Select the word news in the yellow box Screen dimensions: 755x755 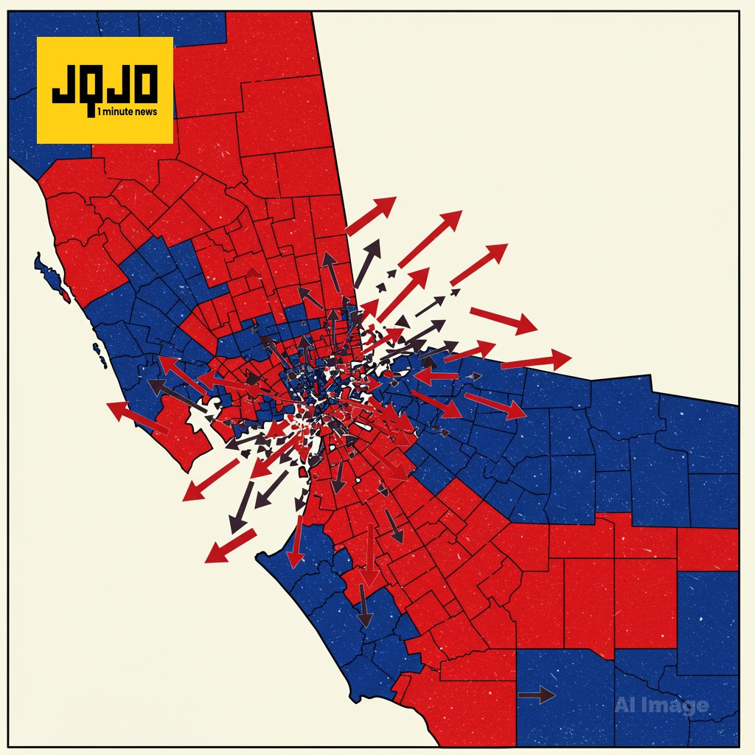pos(153,113)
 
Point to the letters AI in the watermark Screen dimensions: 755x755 pos(625,706)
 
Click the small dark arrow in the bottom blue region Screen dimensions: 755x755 pos(536,695)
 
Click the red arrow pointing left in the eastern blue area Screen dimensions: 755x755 pos(436,376)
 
